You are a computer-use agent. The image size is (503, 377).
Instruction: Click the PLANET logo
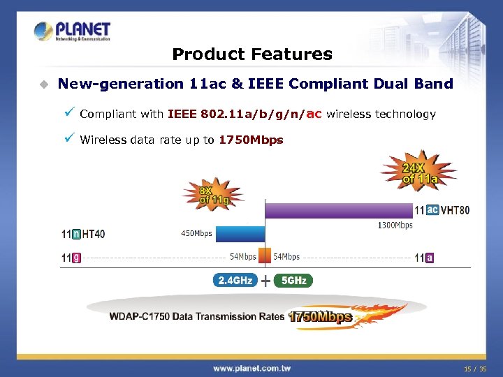(72, 31)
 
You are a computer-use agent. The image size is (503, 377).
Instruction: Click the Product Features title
(251, 54)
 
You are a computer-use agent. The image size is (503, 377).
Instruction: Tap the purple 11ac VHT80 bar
(338, 209)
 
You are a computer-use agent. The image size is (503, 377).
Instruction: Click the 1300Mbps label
(395, 226)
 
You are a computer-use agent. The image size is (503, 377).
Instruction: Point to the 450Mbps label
(197, 233)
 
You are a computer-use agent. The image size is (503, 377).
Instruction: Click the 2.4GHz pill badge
(235, 281)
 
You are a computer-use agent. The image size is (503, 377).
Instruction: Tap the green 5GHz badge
(293, 281)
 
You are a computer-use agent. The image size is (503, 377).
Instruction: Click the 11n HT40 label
(83, 234)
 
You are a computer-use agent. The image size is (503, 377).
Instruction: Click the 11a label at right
(425, 258)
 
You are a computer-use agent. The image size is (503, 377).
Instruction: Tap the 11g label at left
(71, 258)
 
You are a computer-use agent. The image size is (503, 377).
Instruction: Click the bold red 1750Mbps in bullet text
(251, 140)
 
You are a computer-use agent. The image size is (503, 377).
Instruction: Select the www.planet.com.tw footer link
(251, 368)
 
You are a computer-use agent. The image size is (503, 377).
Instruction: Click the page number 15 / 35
(475, 368)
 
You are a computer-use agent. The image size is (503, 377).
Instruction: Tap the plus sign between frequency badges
(265, 281)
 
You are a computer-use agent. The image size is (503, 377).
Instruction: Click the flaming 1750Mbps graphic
(321, 317)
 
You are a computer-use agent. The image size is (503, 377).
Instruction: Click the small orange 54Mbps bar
(265, 255)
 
